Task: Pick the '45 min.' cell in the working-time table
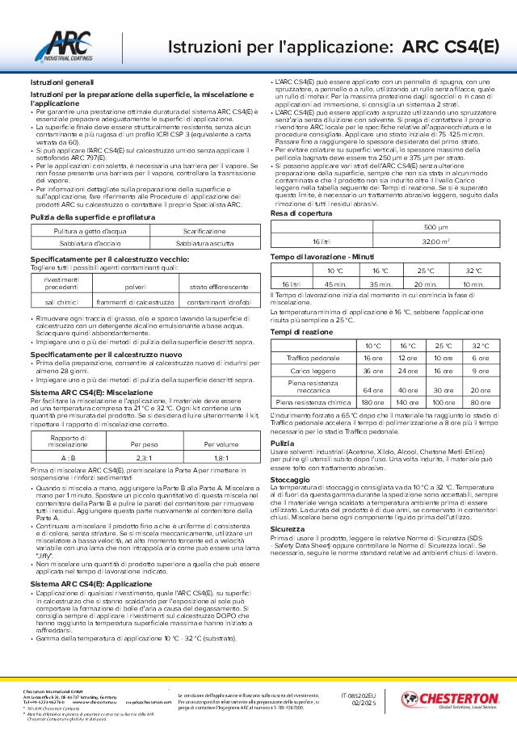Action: click(334, 284)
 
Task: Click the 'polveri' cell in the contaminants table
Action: click(129, 287)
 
